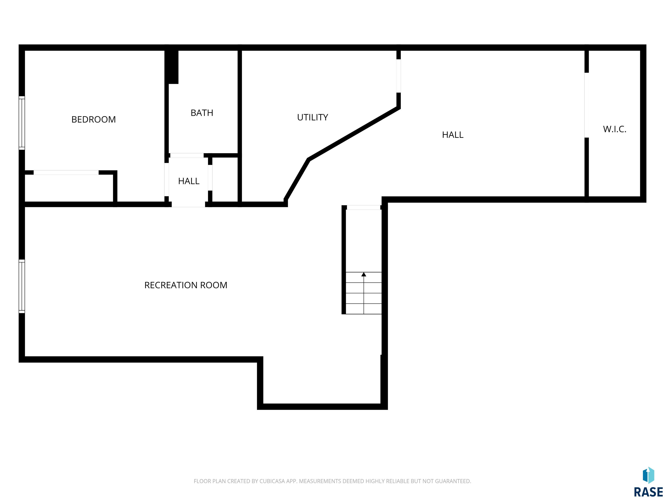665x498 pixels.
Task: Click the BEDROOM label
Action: click(x=94, y=120)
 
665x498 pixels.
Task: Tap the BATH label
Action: click(x=202, y=113)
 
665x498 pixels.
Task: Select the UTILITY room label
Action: click(x=312, y=117)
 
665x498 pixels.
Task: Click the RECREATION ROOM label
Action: click(x=186, y=285)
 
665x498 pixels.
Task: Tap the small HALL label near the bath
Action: click(x=189, y=181)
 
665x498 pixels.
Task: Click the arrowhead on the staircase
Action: click(x=364, y=274)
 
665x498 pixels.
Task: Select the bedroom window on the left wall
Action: click(x=22, y=123)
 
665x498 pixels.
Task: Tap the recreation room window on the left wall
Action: click(x=22, y=286)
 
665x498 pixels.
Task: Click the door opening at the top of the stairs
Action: click(x=364, y=207)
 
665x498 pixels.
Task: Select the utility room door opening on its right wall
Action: click(x=399, y=76)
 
